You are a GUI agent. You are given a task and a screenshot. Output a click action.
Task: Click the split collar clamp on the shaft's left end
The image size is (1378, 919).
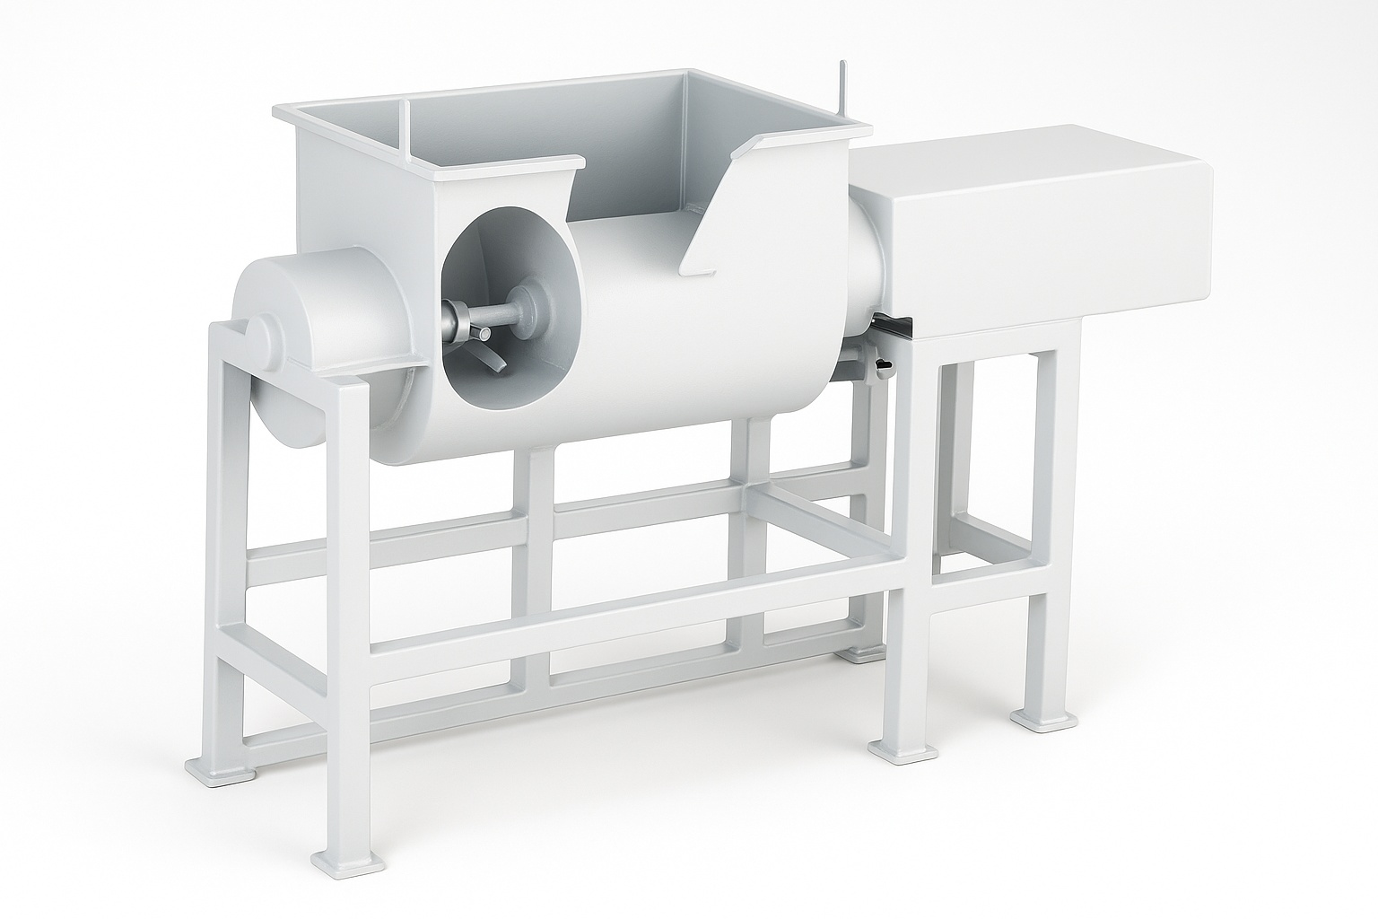pyautogui.click(x=457, y=319)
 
